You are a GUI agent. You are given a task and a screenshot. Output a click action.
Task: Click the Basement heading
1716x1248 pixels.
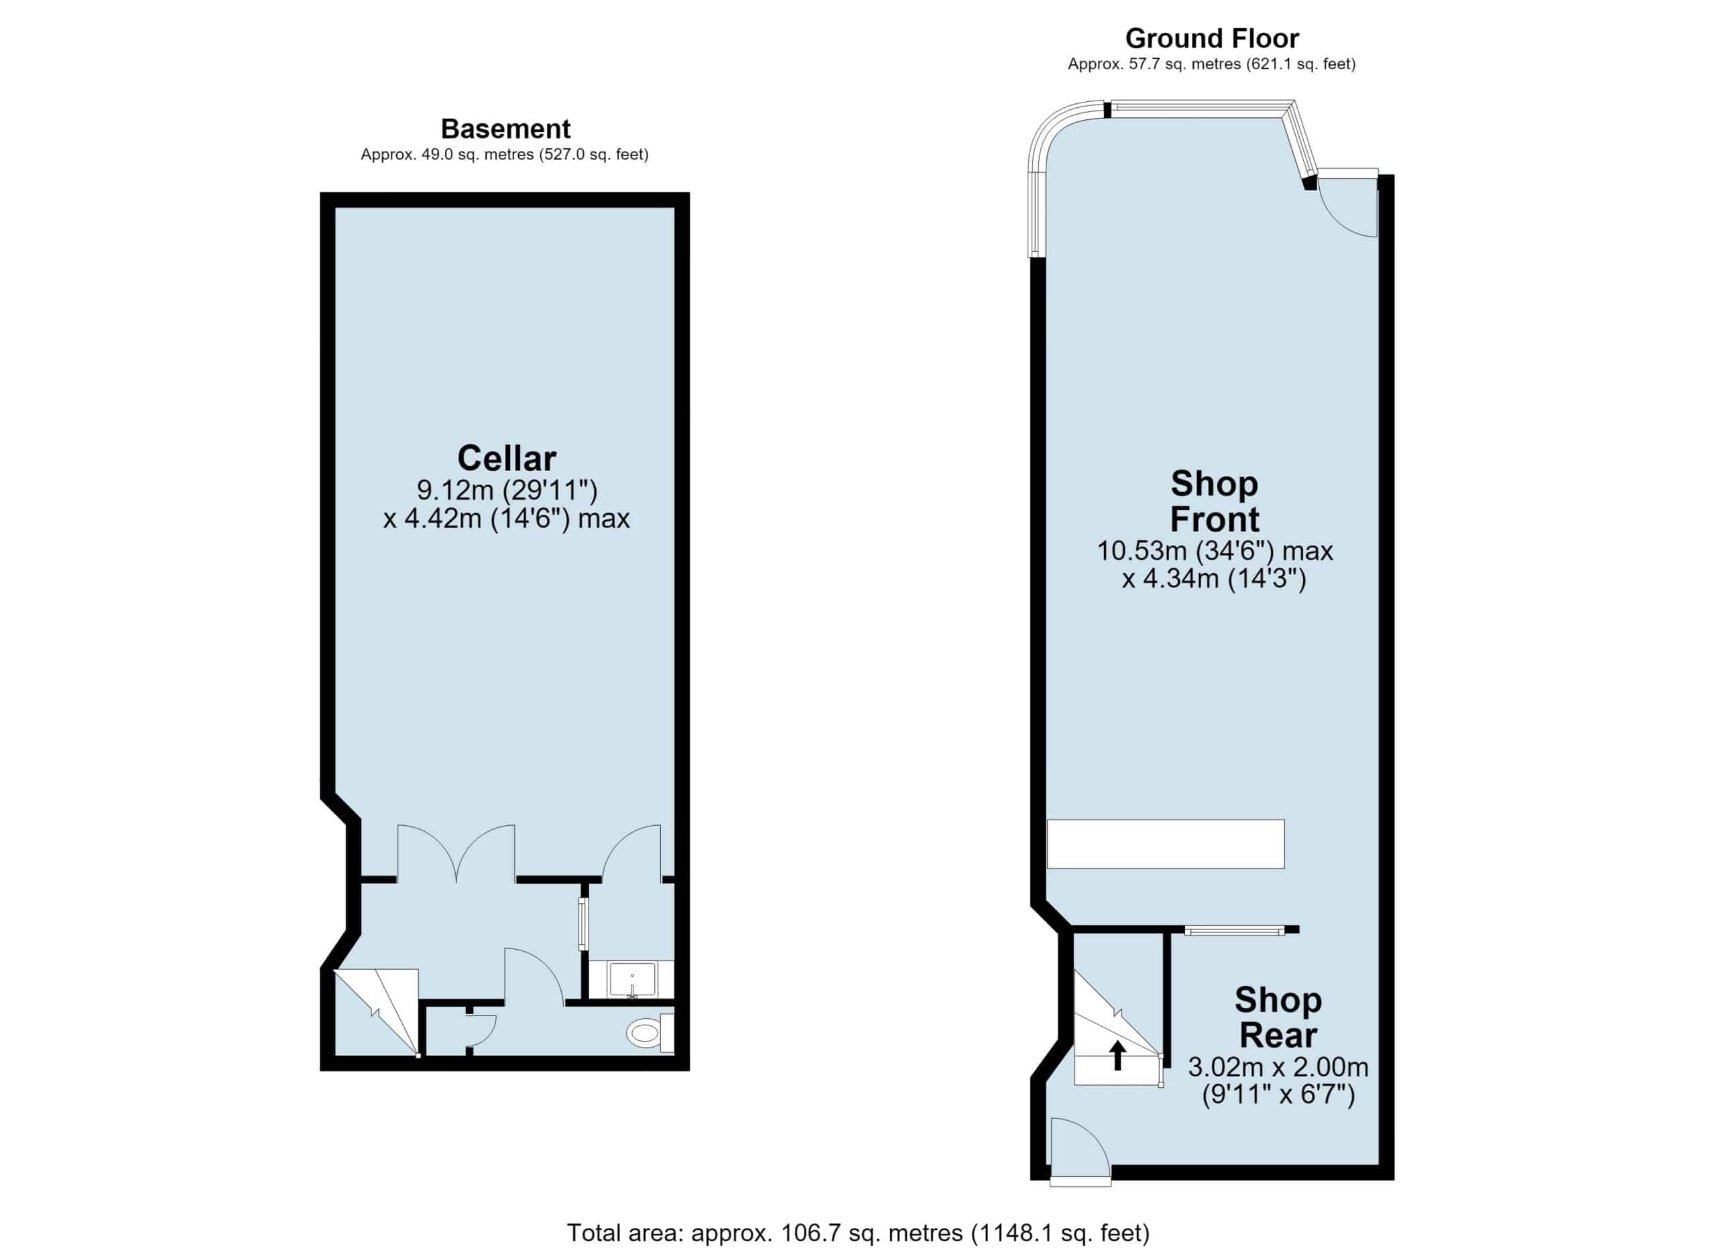point(505,129)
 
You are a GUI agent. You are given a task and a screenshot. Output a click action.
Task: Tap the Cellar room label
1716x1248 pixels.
point(506,458)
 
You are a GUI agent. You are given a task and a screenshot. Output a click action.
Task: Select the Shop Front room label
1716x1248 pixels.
point(1215,501)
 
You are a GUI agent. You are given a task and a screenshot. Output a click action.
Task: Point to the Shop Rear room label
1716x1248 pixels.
point(1278,1017)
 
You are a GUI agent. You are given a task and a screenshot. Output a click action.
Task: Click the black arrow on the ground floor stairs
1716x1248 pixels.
point(1117,1055)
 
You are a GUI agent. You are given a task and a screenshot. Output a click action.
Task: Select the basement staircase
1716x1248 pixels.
point(376,1011)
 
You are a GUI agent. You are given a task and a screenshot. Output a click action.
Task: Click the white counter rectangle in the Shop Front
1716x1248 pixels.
point(1165,844)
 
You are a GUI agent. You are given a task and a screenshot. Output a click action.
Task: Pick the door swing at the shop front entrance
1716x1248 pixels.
point(1347,207)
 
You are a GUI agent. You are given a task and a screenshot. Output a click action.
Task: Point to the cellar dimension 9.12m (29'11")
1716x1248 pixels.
point(507,490)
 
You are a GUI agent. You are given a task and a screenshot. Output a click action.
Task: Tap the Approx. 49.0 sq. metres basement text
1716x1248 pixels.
point(505,154)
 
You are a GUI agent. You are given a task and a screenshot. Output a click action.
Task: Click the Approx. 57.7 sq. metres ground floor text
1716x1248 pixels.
point(1211,64)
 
